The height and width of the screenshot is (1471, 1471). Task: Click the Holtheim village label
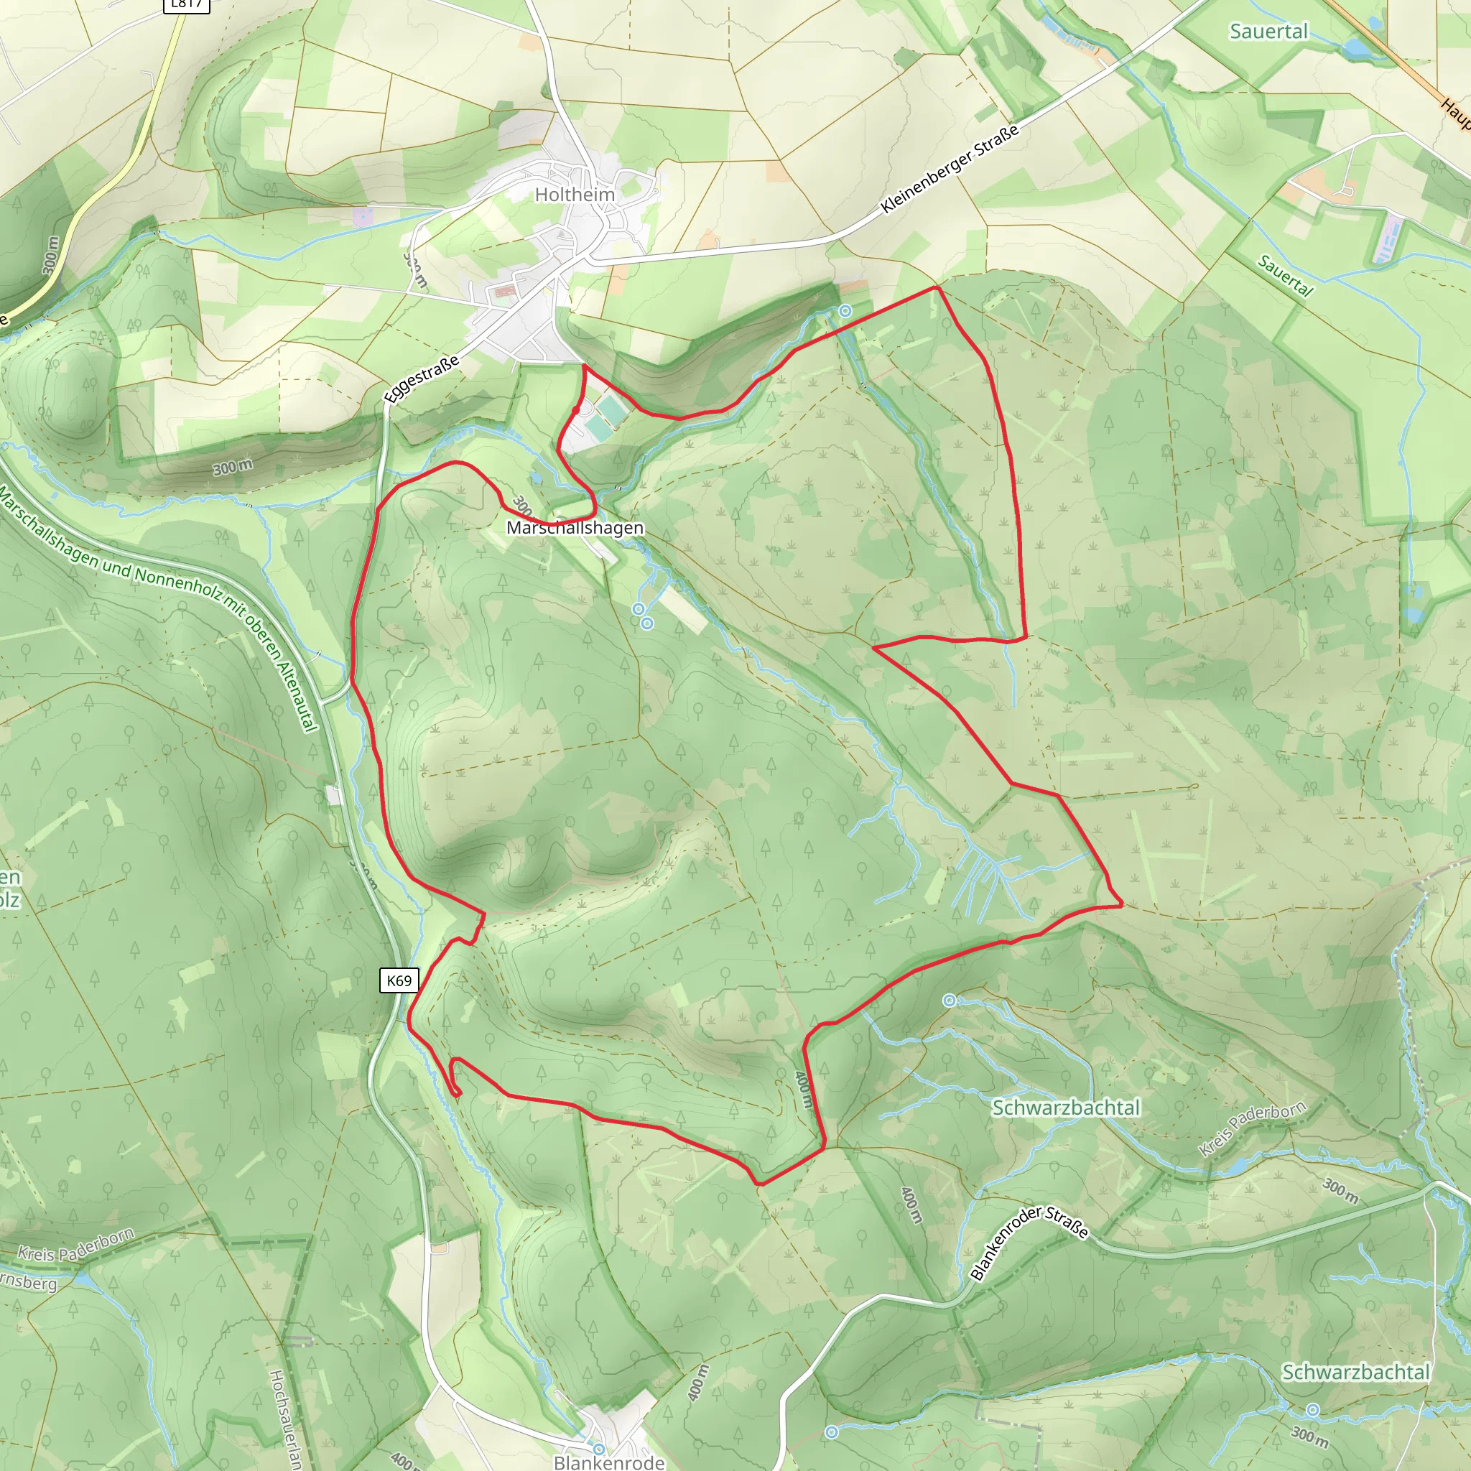point(575,195)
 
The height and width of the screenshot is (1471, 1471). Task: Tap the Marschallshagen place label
point(575,528)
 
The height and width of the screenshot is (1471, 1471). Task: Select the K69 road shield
point(399,980)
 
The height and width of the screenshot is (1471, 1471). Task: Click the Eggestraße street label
point(422,379)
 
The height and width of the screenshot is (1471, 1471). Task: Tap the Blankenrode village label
point(609,1462)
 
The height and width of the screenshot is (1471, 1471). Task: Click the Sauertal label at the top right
point(1268,31)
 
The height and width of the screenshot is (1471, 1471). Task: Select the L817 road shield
point(187,4)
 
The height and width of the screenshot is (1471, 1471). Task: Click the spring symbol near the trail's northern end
point(845,310)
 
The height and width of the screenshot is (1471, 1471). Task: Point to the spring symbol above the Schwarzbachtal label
point(950,1001)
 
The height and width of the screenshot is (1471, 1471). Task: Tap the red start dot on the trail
point(576,409)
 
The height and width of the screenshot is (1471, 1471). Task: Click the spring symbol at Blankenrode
point(599,1449)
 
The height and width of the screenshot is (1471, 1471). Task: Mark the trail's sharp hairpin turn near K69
point(458,1095)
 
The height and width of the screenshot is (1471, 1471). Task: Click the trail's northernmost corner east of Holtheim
point(937,288)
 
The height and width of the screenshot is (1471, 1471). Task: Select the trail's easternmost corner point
point(1121,906)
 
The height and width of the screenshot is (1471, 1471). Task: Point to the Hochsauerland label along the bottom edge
point(283,1420)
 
